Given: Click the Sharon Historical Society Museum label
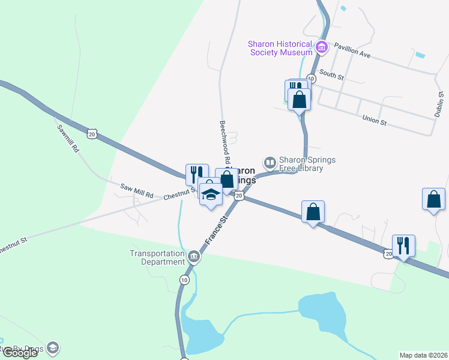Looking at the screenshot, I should coord(280,49).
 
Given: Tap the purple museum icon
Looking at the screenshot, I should coord(321,47).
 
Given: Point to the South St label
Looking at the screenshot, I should coord(331,77).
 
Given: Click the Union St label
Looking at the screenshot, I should coord(375,121).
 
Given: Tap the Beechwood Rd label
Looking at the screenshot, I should coord(224,142).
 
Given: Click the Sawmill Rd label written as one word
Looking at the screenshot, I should coord(68,137).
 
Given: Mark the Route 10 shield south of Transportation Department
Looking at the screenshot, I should coord(183,280).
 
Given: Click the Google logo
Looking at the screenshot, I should coord(20,353).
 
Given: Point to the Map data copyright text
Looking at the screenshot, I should coord(424,355).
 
